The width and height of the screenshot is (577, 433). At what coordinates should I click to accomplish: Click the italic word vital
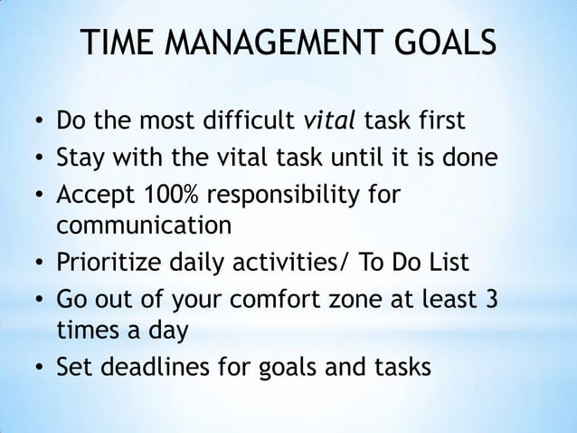click(x=331, y=121)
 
